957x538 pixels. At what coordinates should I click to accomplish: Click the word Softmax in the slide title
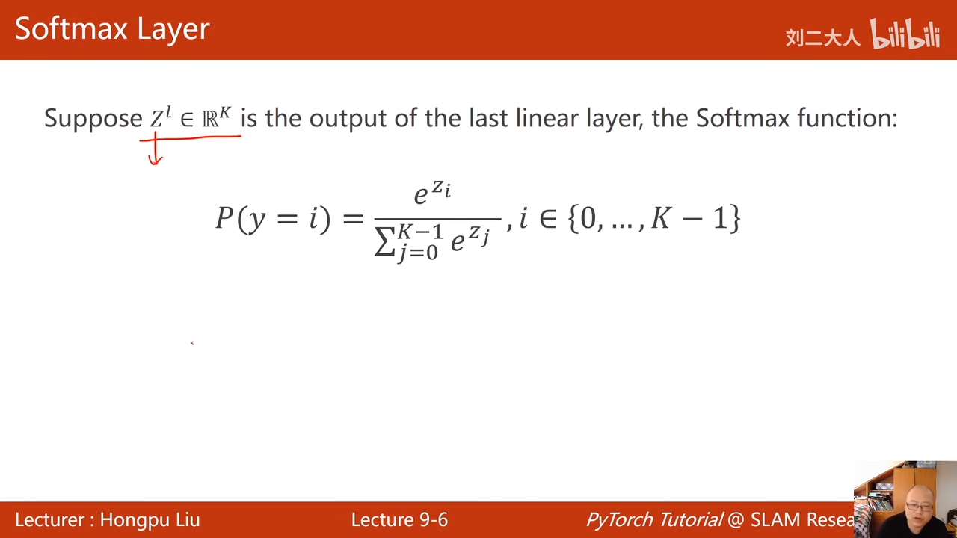coord(71,28)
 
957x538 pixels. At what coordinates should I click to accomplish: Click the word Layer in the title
coord(173,31)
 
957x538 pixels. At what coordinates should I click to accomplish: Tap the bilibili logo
coord(905,34)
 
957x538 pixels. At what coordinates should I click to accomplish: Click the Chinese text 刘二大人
coord(822,37)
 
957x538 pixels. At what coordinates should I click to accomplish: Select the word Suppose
coord(93,119)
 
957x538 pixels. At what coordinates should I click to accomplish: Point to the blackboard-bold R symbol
coord(210,119)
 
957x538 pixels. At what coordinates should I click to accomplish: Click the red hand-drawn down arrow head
coord(155,160)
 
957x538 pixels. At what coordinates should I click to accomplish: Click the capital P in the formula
coord(224,217)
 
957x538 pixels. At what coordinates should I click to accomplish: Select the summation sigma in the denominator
coord(384,241)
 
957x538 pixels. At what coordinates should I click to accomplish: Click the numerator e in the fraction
coord(420,196)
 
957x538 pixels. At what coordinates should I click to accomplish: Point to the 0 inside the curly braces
coord(588,218)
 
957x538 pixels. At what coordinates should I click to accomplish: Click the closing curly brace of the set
coord(734,218)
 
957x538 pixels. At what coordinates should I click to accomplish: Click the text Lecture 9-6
coord(399,519)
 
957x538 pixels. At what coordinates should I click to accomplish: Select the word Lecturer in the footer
coord(50,519)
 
